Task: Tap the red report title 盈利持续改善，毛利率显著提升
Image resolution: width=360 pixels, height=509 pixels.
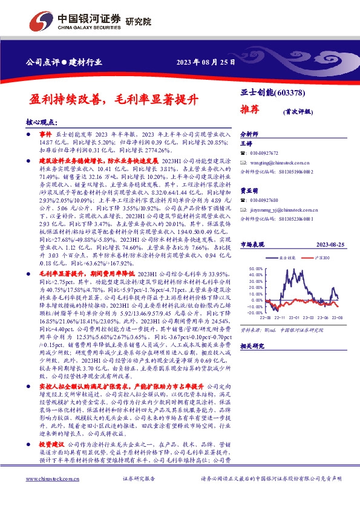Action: pyautogui.click(x=114, y=98)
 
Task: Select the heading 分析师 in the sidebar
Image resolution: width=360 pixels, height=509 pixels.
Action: pyautogui.click(x=249, y=134)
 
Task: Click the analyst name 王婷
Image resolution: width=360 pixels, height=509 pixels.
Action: pyautogui.click(x=246, y=144)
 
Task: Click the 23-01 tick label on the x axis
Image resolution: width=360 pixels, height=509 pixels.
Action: pyautogui.click(x=292, y=318)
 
